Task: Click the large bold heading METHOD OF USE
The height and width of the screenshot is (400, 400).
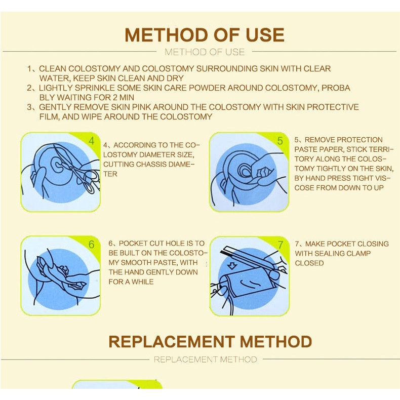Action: click(205, 35)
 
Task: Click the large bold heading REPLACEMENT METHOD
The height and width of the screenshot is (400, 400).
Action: click(210, 342)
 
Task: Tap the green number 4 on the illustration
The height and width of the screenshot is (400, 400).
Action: click(92, 141)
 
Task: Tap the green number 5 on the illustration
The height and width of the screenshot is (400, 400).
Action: click(280, 141)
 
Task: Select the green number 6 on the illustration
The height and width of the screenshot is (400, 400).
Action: click(91, 245)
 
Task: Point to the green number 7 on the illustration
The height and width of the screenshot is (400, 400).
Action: click(281, 245)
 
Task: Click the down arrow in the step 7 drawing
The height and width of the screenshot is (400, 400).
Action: click(231, 266)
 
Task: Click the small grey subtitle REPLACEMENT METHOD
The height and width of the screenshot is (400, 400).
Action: click(206, 359)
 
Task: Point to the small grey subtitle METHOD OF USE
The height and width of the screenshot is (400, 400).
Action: click(205, 52)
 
